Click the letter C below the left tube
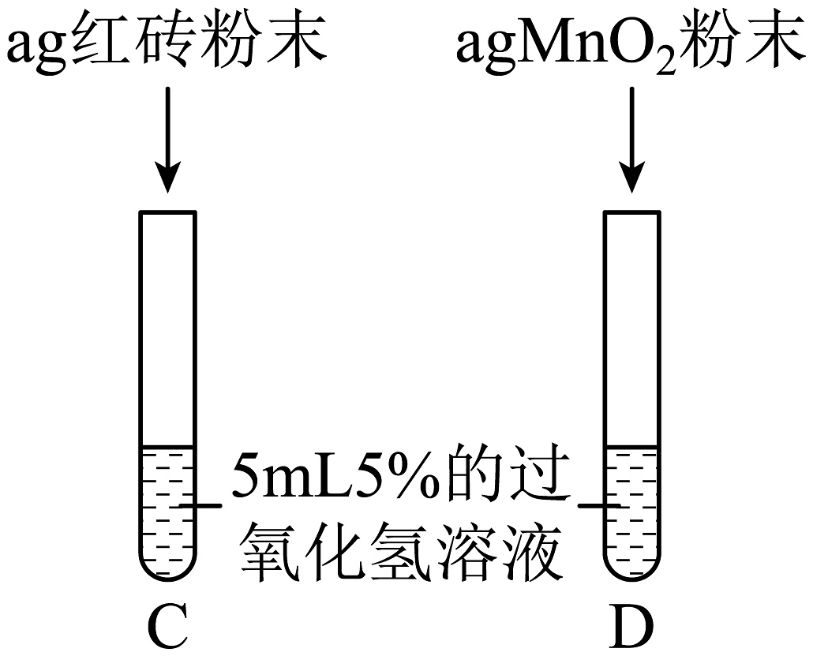pos(167,628)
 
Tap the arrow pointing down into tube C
pos(167,138)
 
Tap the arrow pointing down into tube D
pos(631,138)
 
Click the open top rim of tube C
pos(167,213)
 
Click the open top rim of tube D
pos(631,213)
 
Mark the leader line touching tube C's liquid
pos(200,504)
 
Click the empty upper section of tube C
pos(167,332)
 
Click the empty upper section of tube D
pos(631,332)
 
